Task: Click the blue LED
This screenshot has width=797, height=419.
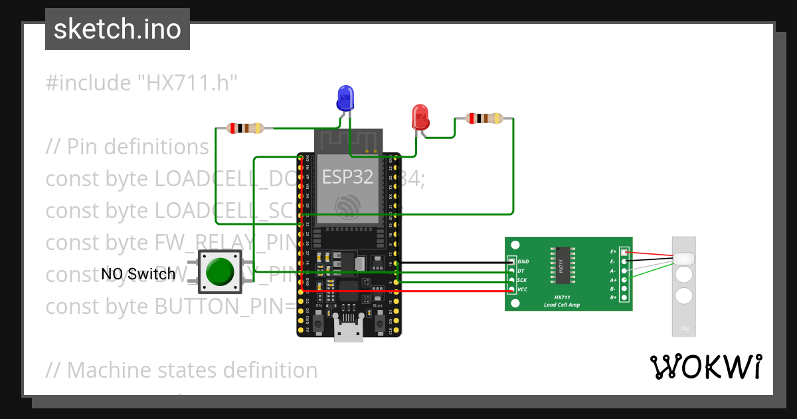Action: coord(345,98)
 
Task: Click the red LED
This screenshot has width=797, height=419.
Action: coord(420,117)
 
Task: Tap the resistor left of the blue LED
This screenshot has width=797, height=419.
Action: coord(245,128)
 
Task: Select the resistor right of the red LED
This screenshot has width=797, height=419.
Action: coord(484,118)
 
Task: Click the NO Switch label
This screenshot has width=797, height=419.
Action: coord(138,273)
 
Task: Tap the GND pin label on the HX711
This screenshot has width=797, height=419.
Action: coord(523,262)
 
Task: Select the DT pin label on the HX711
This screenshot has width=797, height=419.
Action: coord(521,271)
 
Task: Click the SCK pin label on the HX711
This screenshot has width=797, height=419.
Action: coord(522,281)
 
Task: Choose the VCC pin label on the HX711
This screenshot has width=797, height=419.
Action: coord(522,290)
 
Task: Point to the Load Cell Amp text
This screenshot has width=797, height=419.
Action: coord(561,305)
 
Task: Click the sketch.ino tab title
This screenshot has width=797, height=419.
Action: coord(118,29)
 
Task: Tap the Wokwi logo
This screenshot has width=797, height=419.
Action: coord(705,366)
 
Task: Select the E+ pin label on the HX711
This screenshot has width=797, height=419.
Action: coord(613,252)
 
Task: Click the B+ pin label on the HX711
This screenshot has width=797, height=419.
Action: coord(613,298)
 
